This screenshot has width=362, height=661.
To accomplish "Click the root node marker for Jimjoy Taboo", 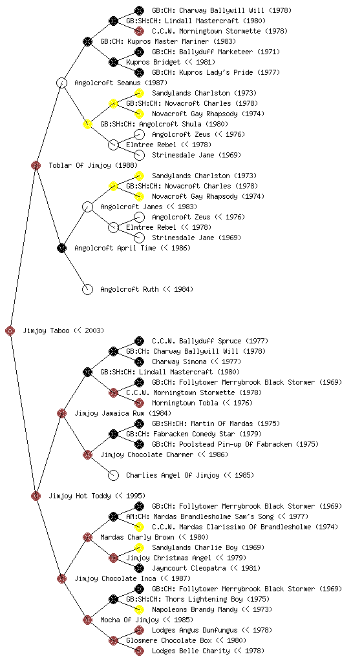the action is click(10, 330).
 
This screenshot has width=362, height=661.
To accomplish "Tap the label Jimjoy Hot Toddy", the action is click(80, 496).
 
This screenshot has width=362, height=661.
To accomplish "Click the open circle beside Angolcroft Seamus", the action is click(61, 83).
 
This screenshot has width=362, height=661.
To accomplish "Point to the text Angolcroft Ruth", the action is click(129, 289).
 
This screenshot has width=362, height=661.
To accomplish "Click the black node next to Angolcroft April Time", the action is click(61, 248).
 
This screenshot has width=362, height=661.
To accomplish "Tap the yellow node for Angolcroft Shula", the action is click(87, 124).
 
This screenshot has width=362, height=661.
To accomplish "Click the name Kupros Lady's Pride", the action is click(218, 72).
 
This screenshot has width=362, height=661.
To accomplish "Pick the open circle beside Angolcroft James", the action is click(87, 207).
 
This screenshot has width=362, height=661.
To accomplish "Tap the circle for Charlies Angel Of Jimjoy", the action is click(113, 475).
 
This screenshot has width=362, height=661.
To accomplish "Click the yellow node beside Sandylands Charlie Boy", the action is click(139, 547).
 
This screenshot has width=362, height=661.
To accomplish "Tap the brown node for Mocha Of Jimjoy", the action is click(87, 620).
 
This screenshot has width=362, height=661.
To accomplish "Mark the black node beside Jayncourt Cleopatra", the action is click(139, 568).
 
